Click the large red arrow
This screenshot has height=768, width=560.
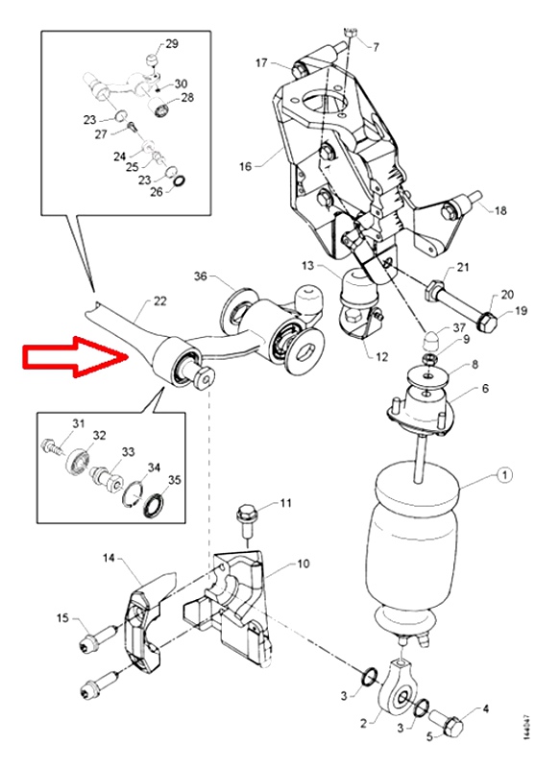pyautogui.click(x=74, y=356)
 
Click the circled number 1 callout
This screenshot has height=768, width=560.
pyautogui.click(x=504, y=474)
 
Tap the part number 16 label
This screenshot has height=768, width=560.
pyautogui.click(x=246, y=166)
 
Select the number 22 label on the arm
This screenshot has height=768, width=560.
pyautogui.click(x=159, y=300)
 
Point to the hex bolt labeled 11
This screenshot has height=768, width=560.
pyautogui.click(x=246, y=522)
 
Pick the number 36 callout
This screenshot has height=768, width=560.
pyautogui.click(x=201, y=276)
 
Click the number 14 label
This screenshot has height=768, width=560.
pyautogui.click(x=109, y=558)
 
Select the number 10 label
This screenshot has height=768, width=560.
pyautogui.click(x=304, y=564)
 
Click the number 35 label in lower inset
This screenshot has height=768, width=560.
pyautogui.click(x=175, y=479)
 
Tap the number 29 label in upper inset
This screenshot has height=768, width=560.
pyautogui.click(x=172, y=44)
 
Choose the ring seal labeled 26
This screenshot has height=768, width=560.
pyautogui.click(x=180, y=180)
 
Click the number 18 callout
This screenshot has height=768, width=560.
pyautogui.click(x=499, y=210)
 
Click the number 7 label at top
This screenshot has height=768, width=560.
pyautogui.click(x=376, y=47)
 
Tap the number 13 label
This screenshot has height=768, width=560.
pyautogui.click(x=307, y=266)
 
